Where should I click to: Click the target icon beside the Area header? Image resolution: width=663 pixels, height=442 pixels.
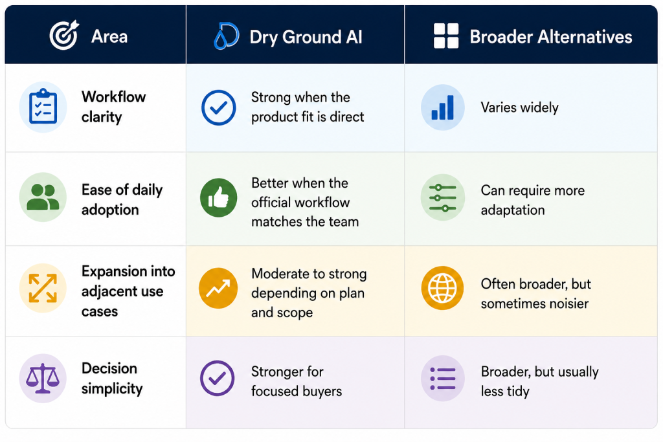[x=64, y=35]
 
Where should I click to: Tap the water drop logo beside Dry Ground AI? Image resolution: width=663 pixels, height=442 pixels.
[x=226, y=36]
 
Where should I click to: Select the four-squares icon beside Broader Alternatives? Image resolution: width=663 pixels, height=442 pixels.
[x=446, y=36]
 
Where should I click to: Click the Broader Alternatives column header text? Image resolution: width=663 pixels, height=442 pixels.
[x=551, y=37]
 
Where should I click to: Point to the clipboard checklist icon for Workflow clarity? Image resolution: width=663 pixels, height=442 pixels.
[x=43, y=107]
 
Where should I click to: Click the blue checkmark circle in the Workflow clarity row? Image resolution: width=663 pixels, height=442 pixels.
[x=219, y=107]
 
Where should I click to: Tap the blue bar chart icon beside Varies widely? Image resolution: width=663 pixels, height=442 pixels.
[x=443, y=107]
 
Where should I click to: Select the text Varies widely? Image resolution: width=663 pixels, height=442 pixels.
[x=520, y=107]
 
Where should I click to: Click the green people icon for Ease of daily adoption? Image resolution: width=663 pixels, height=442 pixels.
[x=43, y=197]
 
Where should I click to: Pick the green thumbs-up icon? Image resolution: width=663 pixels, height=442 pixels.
[x=219, y=197]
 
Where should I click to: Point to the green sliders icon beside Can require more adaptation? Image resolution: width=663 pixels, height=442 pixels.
[x=443, y=197]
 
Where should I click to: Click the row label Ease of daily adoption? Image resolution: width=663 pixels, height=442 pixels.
[x=122, y=199]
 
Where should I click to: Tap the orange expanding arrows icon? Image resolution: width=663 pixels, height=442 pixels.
[x=43, y=288]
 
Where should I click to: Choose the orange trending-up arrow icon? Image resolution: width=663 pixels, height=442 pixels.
[x=218, y=288]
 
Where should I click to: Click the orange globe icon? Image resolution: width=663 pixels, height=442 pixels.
[x=443, y=288]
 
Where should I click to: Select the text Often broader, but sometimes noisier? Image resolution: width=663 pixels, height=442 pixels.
[x=535, y=294]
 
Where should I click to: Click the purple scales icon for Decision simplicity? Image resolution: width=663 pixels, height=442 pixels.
[x=43, y=378]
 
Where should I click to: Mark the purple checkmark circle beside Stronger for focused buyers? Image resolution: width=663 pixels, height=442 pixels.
[x=218, y=378]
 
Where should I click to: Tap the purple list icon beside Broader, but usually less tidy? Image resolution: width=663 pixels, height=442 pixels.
[x=443, y=378]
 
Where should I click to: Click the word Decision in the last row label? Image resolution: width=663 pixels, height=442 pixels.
[x=109, y=368]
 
